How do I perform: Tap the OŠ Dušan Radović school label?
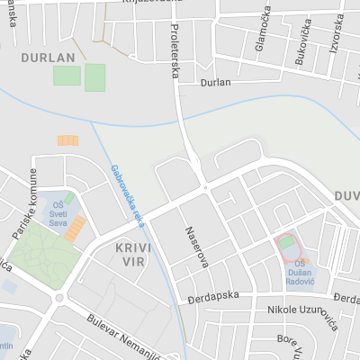300,275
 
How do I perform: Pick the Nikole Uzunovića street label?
301,310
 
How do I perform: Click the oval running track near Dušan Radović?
287,243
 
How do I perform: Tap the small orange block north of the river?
67,140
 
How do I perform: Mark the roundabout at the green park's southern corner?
59,298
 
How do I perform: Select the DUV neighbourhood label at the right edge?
346,195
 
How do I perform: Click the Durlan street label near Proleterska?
216,82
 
